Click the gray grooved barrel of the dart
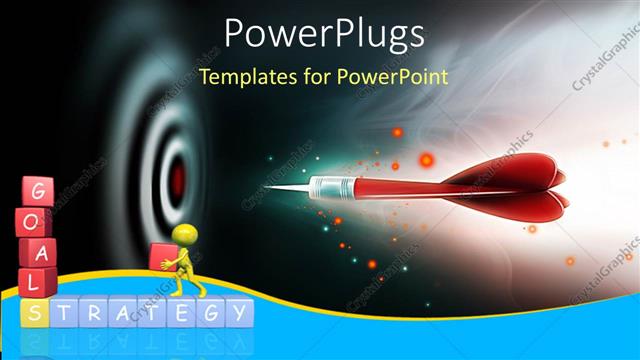(335, 187)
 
